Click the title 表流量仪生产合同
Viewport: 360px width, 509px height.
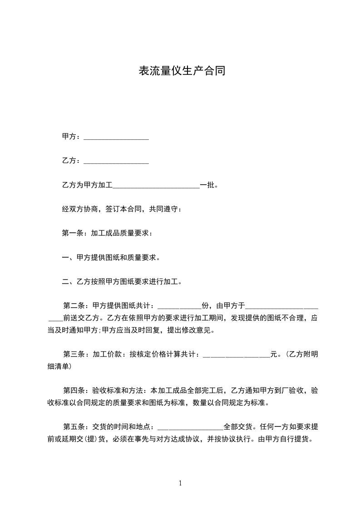182,71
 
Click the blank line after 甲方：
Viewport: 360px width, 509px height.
117,137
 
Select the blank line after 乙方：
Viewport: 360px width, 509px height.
117,161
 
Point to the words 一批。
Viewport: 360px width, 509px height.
209,185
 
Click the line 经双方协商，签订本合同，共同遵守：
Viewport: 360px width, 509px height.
122,209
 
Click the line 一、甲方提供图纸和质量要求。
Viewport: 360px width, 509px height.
111,258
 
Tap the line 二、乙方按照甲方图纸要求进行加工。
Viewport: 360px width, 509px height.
122,282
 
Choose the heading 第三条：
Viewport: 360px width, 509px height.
77,355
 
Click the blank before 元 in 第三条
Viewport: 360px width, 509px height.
237,355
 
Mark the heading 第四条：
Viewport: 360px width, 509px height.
77,391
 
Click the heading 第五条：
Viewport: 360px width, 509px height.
77,427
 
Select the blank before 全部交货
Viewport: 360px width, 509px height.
190,427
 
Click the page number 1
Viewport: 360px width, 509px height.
180,483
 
